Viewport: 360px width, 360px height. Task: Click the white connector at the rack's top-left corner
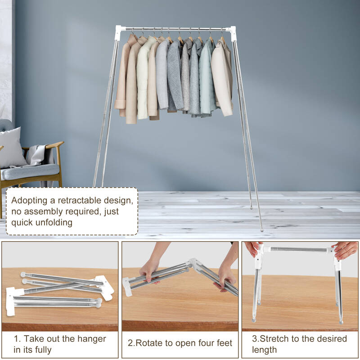click(119, 32)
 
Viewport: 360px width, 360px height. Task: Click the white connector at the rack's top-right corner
click(231, 33)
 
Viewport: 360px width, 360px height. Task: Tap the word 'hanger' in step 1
click(92, 339)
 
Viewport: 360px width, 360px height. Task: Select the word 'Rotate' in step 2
click(149, 343)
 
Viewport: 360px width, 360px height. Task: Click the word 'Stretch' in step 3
click(274, 339)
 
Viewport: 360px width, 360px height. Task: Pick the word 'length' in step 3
click(264, 350)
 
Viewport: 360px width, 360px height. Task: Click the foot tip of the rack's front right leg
click(262, 230)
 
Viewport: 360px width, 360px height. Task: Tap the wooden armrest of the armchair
click(54, 145)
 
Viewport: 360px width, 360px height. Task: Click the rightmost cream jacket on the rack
click(222, 78)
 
